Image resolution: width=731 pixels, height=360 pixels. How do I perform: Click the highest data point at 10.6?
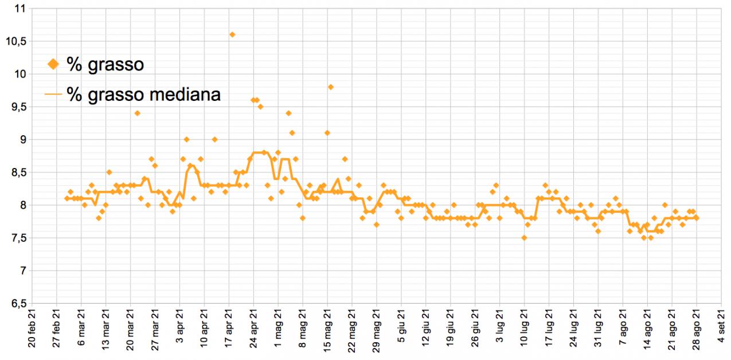tap(232, 34)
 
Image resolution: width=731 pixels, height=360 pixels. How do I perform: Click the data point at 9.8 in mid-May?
tap(331, 87)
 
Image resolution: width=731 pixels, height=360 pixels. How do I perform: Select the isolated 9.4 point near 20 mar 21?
tap(138, 113)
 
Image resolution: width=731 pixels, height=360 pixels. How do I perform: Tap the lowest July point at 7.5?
tap(524, 238)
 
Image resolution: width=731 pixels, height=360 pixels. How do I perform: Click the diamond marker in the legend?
tap(53, 64)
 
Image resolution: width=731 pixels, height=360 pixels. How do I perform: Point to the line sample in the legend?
tap(53, 95)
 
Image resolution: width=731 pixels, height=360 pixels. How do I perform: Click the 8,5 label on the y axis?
tap(18, 173)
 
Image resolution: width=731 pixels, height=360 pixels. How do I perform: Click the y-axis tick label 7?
tap(23, 271)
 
